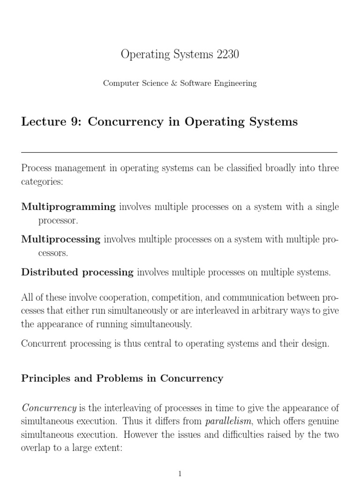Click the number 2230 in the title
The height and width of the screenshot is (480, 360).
227,54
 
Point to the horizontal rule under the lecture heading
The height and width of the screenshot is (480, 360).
180,152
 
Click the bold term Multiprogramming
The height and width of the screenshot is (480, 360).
68,207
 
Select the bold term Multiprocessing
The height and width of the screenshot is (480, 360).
61,240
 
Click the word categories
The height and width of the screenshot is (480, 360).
42,182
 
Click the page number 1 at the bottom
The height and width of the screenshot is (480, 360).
180,474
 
